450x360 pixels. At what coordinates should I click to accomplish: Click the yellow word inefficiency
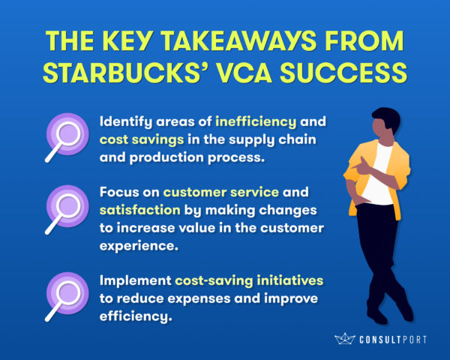256,121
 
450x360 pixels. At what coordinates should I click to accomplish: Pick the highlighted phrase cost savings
142,139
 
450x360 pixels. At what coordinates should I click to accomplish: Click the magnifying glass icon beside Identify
67,138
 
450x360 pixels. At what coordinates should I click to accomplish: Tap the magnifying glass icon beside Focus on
67,210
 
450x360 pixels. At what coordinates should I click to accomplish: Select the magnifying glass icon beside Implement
67,297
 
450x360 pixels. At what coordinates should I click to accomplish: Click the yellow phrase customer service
221,192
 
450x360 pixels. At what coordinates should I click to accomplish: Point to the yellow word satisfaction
140,210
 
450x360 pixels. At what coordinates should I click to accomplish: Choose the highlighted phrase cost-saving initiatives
249,280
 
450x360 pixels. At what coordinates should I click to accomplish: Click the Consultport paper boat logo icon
345,339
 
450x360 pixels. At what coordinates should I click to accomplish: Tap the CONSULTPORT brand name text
393,340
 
